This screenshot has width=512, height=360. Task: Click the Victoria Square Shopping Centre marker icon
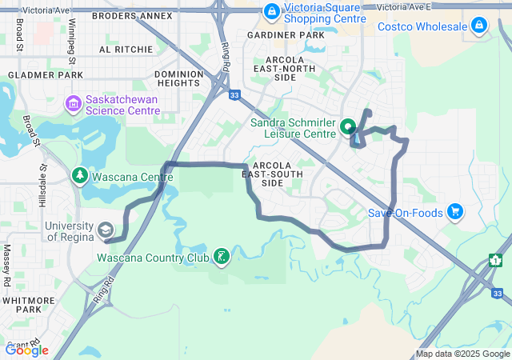click(272, 11)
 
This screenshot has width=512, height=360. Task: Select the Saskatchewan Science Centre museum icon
click(73, 103)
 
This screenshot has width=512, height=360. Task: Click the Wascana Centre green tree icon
click(80, 175)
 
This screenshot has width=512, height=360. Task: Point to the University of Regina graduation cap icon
click(105, 231)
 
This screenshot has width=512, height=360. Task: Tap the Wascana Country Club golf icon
click(220, 257)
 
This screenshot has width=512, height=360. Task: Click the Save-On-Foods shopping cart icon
click(455, 212)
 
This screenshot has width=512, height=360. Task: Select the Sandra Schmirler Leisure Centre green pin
click(348, 126)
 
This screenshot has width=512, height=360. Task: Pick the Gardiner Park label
click(286, 36)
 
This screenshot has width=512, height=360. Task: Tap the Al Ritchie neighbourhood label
click(126, 50)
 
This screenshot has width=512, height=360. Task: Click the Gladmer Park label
click(46, 75)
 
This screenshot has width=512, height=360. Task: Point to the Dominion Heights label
click(178, 78)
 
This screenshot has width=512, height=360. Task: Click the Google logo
click(26, 350)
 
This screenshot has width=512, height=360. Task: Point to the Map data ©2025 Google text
click(462, 354)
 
